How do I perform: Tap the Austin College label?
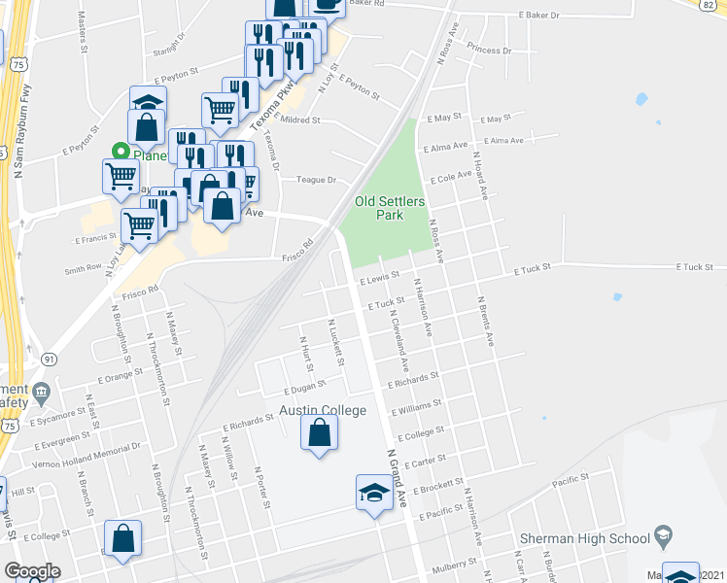click(x=324, y=411)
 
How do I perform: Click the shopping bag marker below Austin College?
click(x=320, y=433)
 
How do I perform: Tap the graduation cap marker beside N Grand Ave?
click(x=374, y=493)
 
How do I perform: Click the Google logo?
click(x=32, y=572)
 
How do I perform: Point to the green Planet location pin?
click(x=121, y=153)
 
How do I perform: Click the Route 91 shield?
click(x=49, y=359)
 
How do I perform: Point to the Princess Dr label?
click(x=489, y=50)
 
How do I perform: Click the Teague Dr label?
click(x=316, y=180)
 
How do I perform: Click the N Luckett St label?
click(x=335, y=342)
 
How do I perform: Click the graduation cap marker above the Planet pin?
click(x=148, y=102)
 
